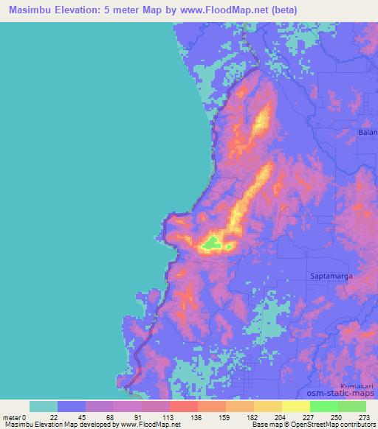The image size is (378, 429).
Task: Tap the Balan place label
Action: (x=367, y=133)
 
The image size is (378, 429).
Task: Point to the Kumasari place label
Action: (x=358, y=386)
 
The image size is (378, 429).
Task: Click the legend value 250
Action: (x=337, y=417)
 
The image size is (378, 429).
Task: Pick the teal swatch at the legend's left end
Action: (x=44, y=406)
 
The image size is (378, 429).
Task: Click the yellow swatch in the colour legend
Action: (x=295, y=406)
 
